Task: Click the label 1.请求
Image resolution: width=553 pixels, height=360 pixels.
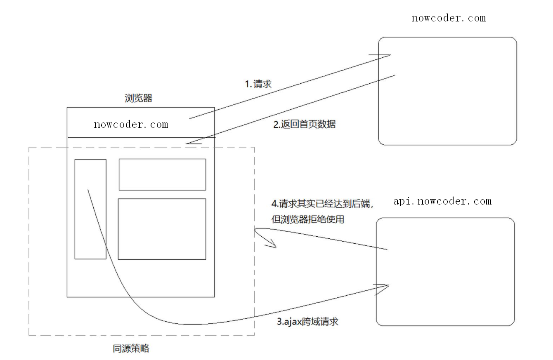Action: click(258, 85)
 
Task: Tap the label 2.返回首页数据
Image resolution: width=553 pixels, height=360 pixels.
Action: click(305, 125)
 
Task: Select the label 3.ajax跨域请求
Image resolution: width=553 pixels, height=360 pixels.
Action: click(307, 322)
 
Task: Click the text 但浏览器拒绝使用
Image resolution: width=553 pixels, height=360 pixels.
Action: click(307, 219)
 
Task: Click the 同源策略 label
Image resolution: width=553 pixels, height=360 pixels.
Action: click(131, 349)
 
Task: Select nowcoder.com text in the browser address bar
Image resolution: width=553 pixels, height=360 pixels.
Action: click(131, 125)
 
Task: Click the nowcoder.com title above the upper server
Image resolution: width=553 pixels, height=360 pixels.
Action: click(449, 18)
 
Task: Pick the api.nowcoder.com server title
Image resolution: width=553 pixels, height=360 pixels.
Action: click(442, 201)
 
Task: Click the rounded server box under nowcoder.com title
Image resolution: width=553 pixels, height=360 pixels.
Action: click(447, 91)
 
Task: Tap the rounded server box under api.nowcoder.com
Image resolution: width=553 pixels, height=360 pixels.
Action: click(445, 272)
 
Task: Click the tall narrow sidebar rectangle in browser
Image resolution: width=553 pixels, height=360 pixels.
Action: click(90, 209)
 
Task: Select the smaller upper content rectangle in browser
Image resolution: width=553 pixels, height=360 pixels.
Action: click(162, 174)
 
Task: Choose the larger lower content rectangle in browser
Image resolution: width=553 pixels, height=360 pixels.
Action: click(162, 229)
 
